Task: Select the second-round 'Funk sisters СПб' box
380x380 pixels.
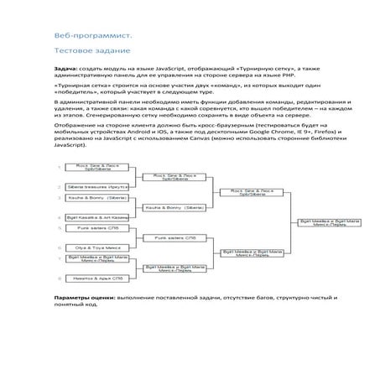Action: click(x=174, y=237)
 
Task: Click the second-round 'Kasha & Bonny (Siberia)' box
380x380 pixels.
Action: click(x=174, y=206)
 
